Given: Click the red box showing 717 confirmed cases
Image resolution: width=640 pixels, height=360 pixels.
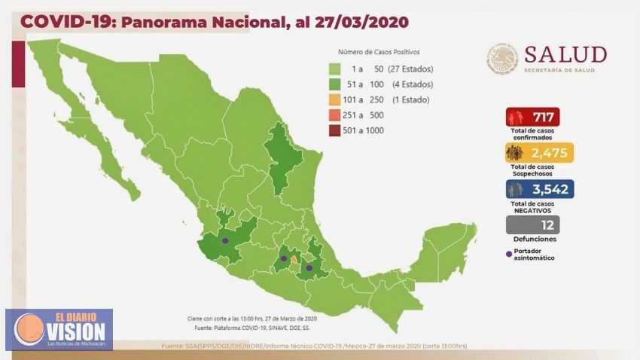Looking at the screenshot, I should [532, 117].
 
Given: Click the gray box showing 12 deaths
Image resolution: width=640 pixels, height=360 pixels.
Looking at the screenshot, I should [532, 224].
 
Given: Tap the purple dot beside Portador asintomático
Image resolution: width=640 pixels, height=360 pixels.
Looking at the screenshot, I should [508, 251].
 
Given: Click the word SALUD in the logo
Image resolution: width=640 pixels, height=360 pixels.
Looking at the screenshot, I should [565, 55].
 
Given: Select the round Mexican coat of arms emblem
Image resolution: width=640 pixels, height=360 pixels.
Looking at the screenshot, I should [502, 58].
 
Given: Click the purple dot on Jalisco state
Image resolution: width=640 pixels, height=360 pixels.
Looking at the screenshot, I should [225, 240].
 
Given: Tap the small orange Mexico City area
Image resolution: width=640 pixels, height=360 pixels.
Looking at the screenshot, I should [293, 258].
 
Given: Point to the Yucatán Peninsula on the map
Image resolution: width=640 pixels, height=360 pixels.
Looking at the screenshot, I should [440, 245].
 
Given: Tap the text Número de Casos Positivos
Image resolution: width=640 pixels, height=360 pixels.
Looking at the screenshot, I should [379, 52].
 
